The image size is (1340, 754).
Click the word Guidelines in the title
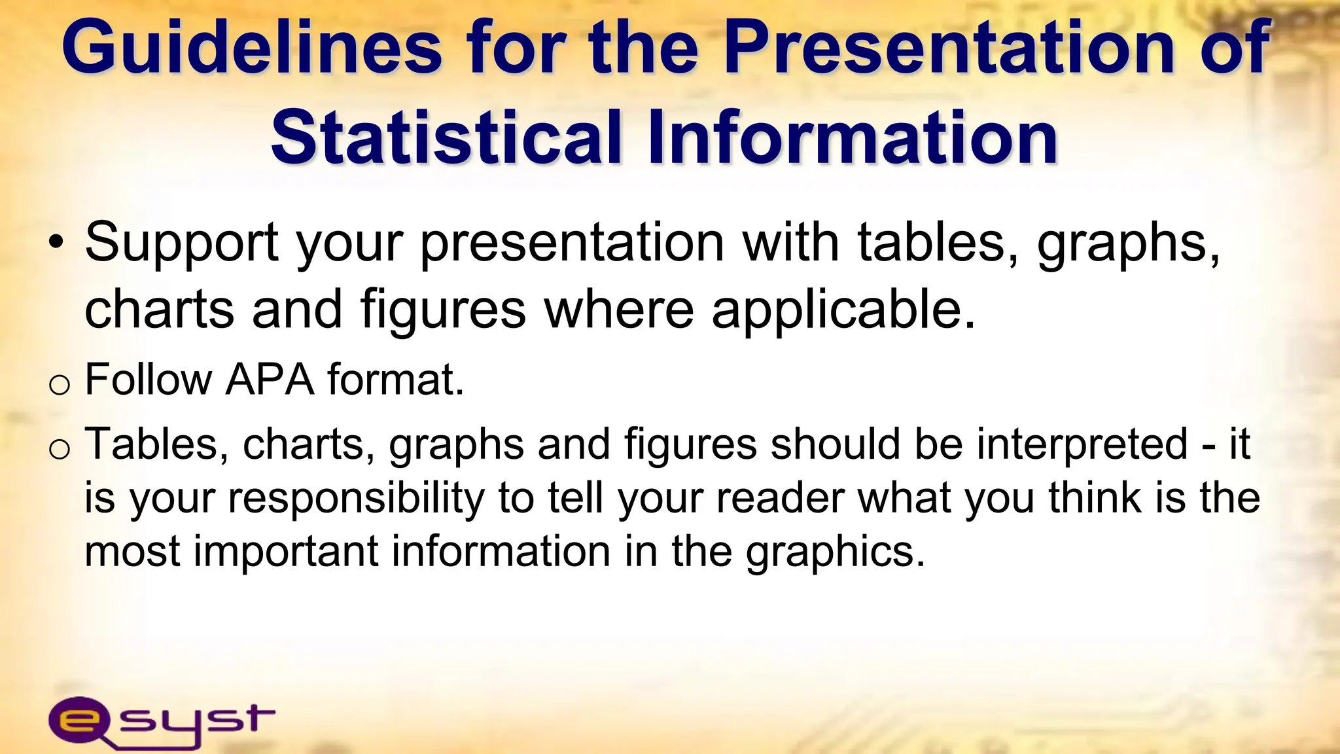(x=252, y=47)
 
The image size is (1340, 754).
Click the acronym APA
(x=270, y=380)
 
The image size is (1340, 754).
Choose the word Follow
(x=149, y=380)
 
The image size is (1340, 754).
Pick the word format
(x=395, y=380)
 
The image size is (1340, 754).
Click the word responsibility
(x=357, y=499)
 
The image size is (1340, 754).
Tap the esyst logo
(x=161, y=721)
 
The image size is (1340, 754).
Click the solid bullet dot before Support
(x=57, y=243)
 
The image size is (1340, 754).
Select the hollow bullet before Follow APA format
(x=59, y=385)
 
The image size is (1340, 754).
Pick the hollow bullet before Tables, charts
(x=59, y=450)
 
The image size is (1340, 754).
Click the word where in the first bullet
(x=619, y=310)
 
